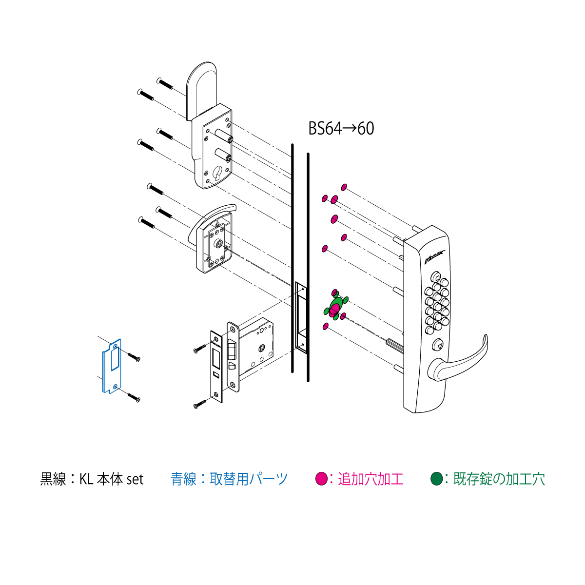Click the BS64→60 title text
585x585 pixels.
341,128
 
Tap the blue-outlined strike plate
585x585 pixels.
112,366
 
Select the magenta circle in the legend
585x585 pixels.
321,479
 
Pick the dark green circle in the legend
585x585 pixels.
436,479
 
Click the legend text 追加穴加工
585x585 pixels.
370,479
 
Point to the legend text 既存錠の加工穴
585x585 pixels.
499,479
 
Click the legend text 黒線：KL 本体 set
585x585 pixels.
92,479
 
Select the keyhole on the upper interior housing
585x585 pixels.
218,173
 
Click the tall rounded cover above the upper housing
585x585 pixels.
201,91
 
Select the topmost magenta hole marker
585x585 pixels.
344,187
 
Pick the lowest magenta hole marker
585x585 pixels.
326,326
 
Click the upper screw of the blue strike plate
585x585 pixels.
134,357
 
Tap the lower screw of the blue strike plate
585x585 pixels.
134,398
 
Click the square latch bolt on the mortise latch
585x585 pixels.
232,348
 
